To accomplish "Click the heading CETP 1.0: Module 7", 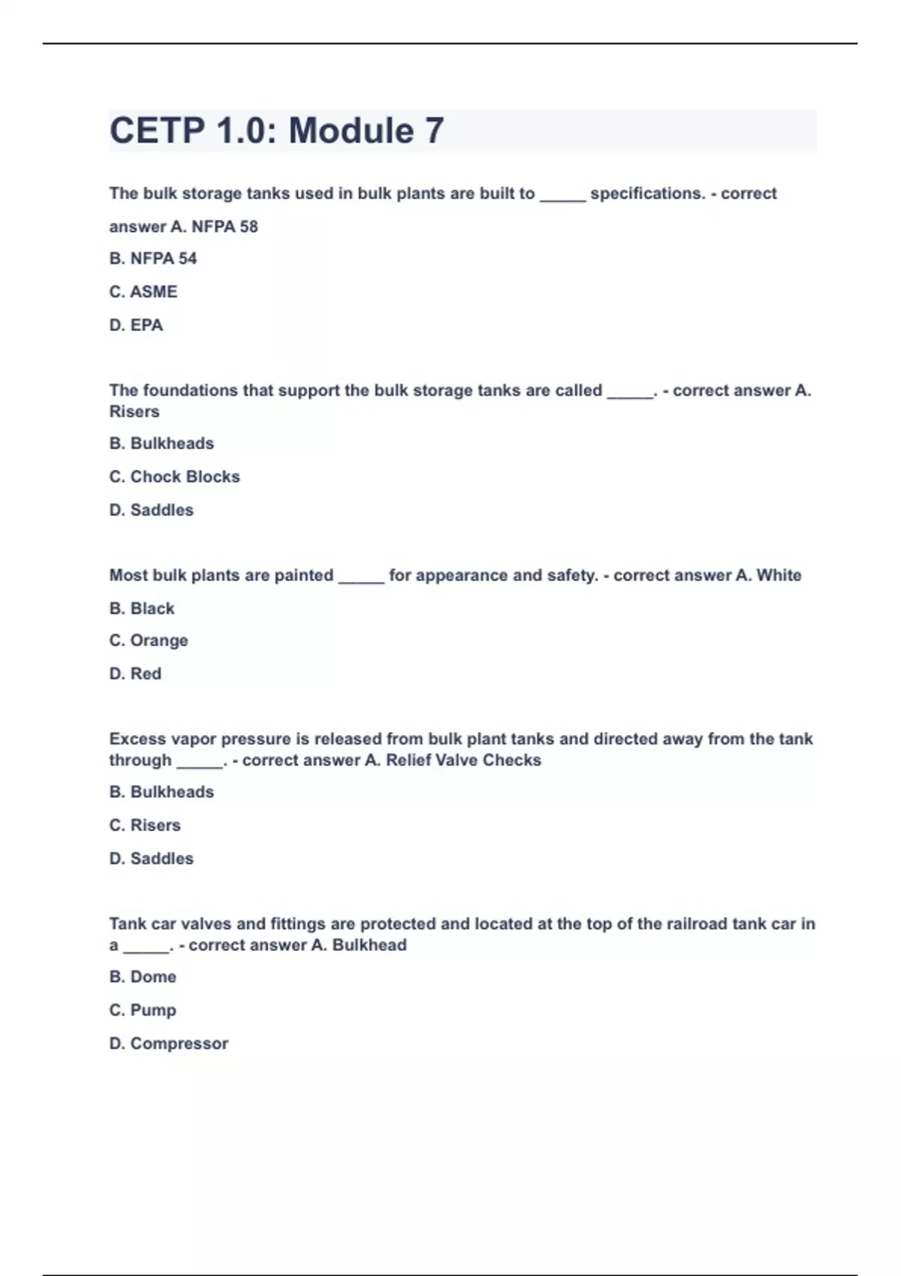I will [276, 131].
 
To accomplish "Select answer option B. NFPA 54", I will [153, 259].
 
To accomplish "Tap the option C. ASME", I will [143, 292].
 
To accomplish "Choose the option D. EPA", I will [136, 325].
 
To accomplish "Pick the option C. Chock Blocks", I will [174, 477].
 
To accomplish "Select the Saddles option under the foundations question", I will [152, 510].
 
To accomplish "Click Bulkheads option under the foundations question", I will [161, 444].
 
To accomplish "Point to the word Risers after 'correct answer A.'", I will [134, 411].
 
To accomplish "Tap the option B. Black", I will [142, 609].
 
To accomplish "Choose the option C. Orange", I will [149, 641].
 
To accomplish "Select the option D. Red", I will [135, 674].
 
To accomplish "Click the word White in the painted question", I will [779, 576].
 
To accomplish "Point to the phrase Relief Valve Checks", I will [463, 760].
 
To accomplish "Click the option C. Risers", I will [145, 826].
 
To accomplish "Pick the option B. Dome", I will [143, 977].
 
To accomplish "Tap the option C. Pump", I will [143, 1010].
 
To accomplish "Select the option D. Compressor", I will [169, 1044].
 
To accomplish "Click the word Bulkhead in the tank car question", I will [369, 945].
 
